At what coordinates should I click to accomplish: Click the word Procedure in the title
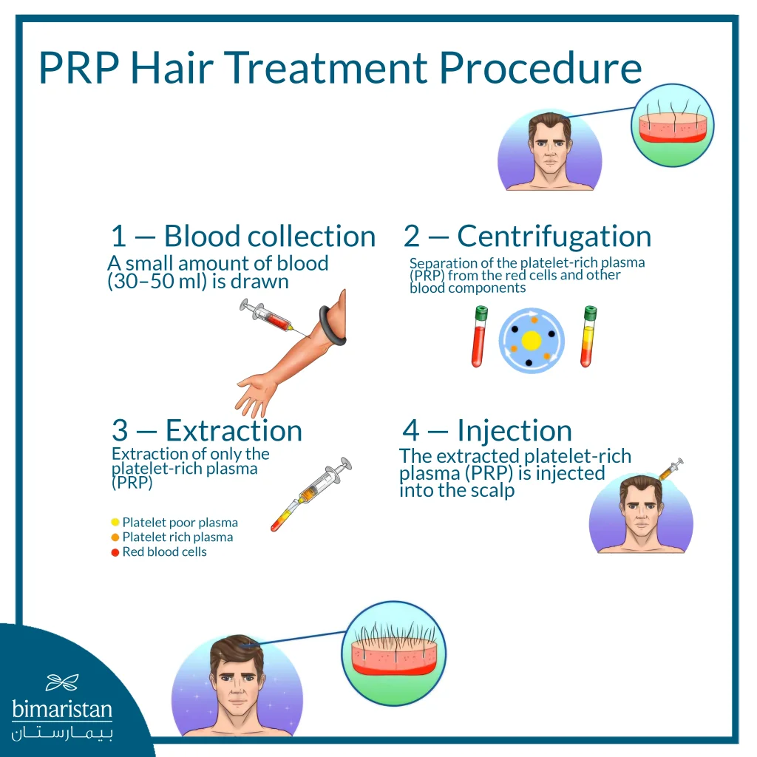(540, 67)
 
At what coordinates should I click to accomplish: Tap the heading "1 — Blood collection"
(242, 237)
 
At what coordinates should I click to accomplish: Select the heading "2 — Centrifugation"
(527, 237)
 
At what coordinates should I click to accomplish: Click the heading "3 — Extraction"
(206, 430)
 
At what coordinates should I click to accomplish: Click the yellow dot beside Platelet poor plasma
(115, 523)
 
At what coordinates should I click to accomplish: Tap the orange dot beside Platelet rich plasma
(115, 537)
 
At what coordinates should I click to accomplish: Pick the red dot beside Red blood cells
(115, 552)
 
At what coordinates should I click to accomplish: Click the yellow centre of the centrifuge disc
(532, 341)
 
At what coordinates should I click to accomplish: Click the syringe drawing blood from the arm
(265, 316)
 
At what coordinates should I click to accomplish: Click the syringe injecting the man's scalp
(671, 469)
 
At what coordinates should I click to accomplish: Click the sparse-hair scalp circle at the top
(672, 124)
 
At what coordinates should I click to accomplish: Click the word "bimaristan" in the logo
(62, 710)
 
